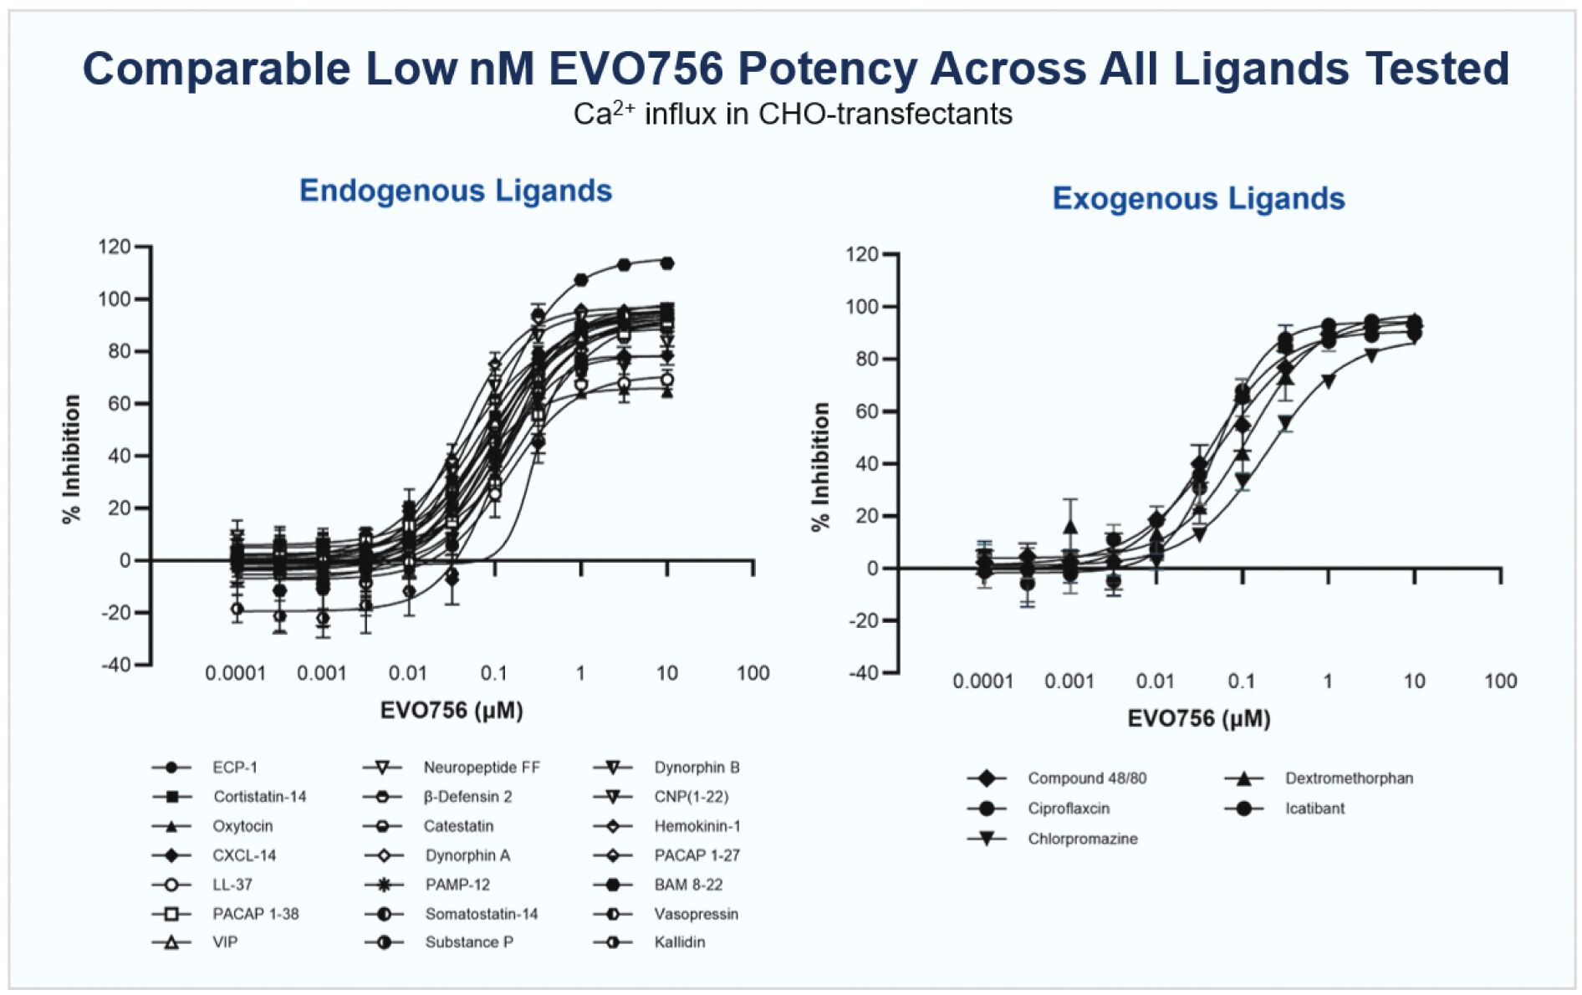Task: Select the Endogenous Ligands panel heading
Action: coord(456,191)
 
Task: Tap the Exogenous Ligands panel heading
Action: coord(1198,199)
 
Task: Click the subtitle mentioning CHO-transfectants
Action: coord(793,114)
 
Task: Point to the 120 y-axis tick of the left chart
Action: coord(115,247)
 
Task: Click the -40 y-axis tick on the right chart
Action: coord(863,672)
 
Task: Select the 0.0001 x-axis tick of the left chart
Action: coord(235,673)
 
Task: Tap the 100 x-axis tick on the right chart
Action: coord(1500,681)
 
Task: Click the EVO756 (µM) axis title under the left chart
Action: coord(452,711)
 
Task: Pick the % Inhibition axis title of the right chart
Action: coord(820,467)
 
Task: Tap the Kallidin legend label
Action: coord(680,942)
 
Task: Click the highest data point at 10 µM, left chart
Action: coord(666,263)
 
